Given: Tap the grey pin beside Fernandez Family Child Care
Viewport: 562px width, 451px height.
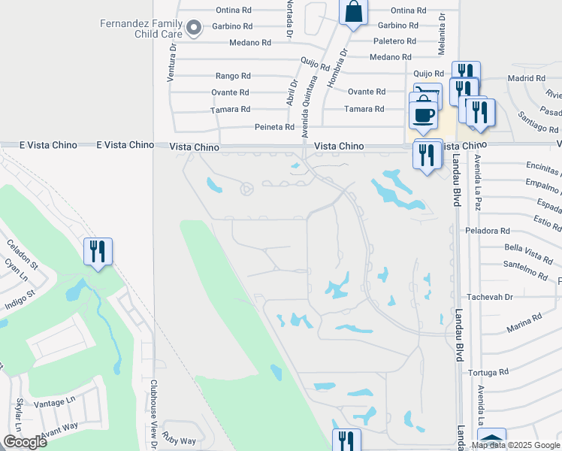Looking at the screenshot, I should (x=194, y=29).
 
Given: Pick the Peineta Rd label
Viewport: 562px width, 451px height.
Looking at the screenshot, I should (x=274, y=127).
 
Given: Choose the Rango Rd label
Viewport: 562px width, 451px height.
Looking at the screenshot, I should (x=232, y=76).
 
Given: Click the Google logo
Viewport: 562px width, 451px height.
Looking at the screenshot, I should (x=26, y=442).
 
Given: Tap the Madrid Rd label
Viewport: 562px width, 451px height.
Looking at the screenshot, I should (x=526, y=78).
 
